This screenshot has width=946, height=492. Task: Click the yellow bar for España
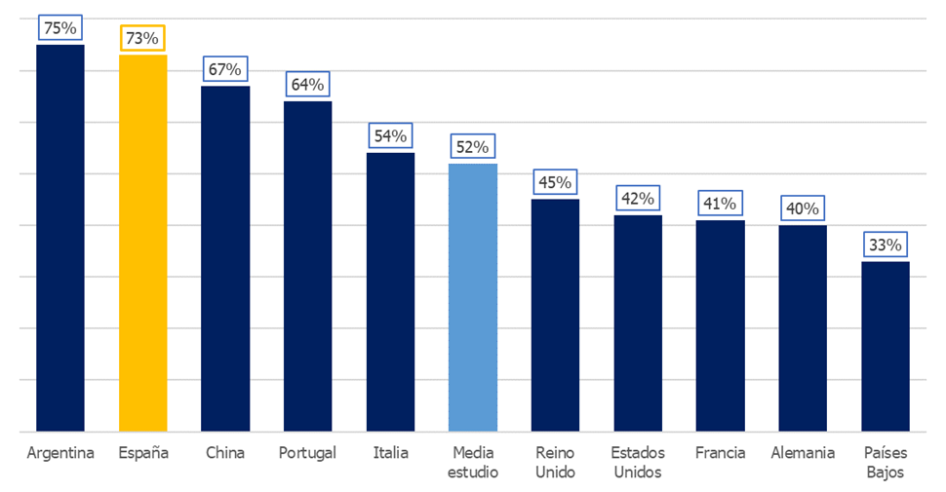[142, 243]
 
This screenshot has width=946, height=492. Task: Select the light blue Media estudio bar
[473, 297]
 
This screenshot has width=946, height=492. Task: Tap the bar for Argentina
[60, 238]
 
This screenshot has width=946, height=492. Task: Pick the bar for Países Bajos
[886, 346]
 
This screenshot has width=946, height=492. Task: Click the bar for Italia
[390, 291]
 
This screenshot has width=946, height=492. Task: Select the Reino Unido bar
[556, 315]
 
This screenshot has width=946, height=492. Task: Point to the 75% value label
[60, 28]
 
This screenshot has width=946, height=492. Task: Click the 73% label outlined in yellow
[142, 38]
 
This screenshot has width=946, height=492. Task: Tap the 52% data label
[473, 147]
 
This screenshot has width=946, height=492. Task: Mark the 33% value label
[886, 245]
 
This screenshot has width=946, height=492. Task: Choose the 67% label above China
[225, 69]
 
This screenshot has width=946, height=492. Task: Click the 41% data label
[721, 204]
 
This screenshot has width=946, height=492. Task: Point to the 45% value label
[556, 182]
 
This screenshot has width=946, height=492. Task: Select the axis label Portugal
[307, 453]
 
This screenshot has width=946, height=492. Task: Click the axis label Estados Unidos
[638, 463]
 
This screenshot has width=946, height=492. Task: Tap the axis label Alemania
[803, 453]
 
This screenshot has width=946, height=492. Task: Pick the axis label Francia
[721, 453]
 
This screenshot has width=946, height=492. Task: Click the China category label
[225, 453]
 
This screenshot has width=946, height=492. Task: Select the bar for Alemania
[803, 327]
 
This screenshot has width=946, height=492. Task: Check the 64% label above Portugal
[307, 85]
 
